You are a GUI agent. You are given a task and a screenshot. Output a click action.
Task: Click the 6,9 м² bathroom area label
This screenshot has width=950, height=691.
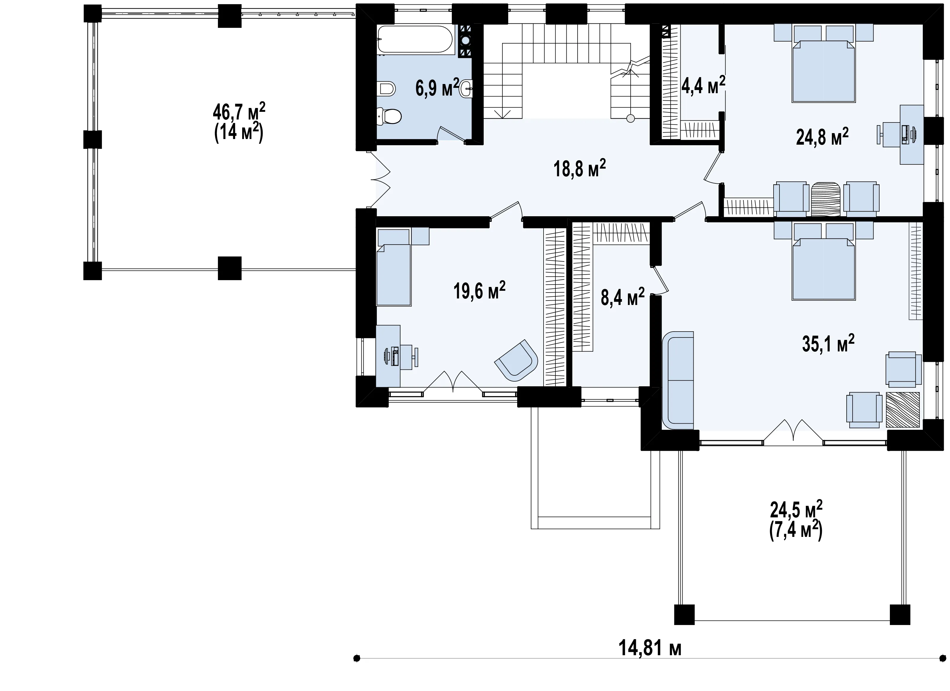437,88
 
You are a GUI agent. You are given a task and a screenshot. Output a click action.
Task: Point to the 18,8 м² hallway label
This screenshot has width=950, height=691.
580,168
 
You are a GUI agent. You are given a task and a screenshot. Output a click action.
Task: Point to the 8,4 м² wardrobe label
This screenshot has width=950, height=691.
623,298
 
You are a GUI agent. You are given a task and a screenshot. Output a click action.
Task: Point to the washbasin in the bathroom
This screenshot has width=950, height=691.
466,88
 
